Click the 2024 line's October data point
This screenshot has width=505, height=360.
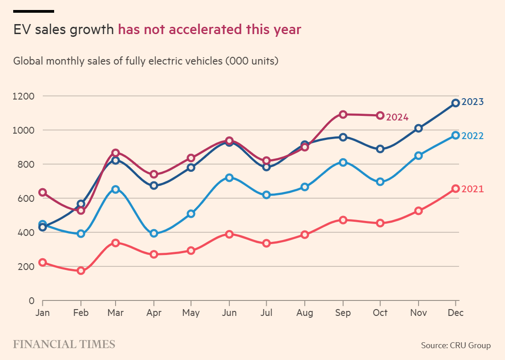coord(380,115)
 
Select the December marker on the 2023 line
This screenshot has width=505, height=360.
coord(455,103)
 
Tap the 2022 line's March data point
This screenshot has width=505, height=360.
coord(116,189)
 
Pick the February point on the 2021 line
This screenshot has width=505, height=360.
coord(81,270)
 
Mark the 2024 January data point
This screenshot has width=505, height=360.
coord(43,192)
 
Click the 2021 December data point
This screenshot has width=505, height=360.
coord(455,189)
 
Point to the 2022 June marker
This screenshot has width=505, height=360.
coord(229,178)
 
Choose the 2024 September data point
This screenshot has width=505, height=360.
coord(343,114)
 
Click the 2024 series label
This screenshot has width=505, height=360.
coord(397,117)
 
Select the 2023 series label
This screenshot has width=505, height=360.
coord(472,102)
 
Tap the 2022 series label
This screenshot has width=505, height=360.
coord(472,136)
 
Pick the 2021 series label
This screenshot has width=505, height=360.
coord(472,189)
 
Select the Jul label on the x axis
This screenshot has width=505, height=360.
coord(267,313)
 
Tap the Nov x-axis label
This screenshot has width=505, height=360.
coord(418,313)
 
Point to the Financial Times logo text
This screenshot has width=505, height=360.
coord(64,344)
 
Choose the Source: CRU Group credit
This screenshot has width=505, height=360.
coord(456,345)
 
